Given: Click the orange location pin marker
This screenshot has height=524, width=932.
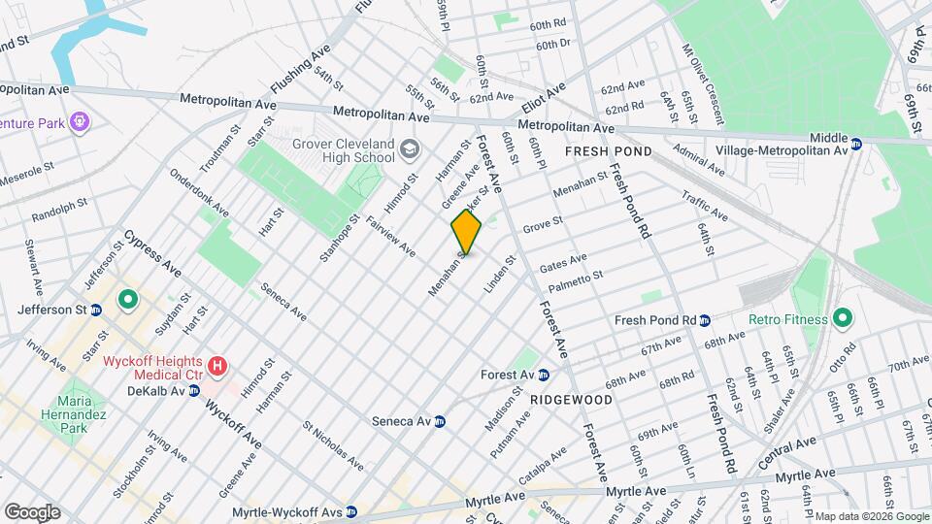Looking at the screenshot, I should (466, 233).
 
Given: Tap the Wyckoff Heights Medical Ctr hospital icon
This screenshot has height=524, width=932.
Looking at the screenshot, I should (218, 367).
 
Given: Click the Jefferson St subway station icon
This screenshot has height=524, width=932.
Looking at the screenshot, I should (96, 311).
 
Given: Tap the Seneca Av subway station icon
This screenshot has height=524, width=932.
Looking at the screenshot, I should (439, 421).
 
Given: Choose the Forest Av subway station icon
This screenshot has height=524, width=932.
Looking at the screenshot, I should (544, 375).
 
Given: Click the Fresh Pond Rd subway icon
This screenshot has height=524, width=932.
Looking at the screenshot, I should (706, 320).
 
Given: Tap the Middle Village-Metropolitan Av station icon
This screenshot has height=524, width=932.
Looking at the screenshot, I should (855, 144).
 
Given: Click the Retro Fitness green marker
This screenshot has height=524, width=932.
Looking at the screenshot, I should (842, 318).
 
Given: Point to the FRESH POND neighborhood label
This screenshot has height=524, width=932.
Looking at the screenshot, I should (610, 152).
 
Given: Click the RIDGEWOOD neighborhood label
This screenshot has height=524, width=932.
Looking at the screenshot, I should (571, 399).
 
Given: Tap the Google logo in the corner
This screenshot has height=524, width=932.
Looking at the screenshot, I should (31, 511).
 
